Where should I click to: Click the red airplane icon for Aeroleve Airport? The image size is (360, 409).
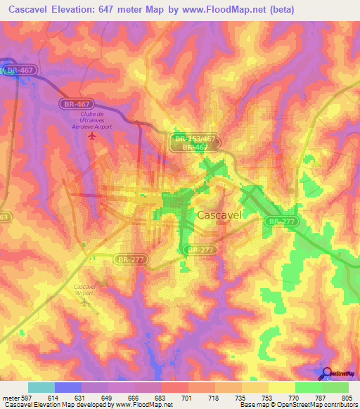91,135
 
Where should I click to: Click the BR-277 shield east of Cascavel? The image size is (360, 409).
279,221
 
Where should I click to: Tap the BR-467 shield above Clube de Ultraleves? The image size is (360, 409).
72,103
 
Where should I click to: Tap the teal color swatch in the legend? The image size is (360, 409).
41,387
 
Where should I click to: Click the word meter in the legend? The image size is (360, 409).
11,397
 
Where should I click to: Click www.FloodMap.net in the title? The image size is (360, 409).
229,10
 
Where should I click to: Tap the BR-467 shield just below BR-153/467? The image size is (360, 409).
193,148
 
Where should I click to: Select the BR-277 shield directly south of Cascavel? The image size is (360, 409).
197,249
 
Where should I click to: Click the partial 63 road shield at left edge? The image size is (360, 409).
4,217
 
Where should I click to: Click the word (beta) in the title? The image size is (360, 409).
281,10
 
